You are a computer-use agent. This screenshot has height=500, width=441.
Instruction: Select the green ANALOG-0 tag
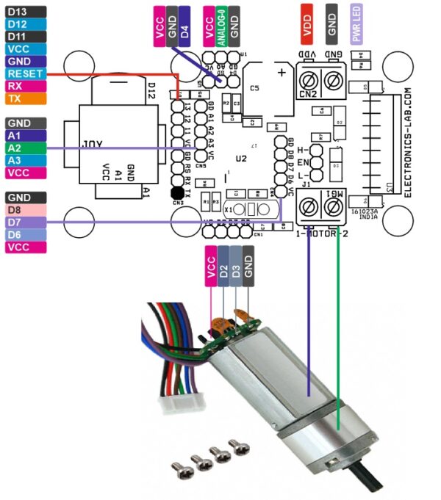[x=221, y=26]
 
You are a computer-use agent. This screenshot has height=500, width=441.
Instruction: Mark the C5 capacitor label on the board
[x=254, y=88]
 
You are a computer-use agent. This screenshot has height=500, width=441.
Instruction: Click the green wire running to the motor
[x=338, y=330]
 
